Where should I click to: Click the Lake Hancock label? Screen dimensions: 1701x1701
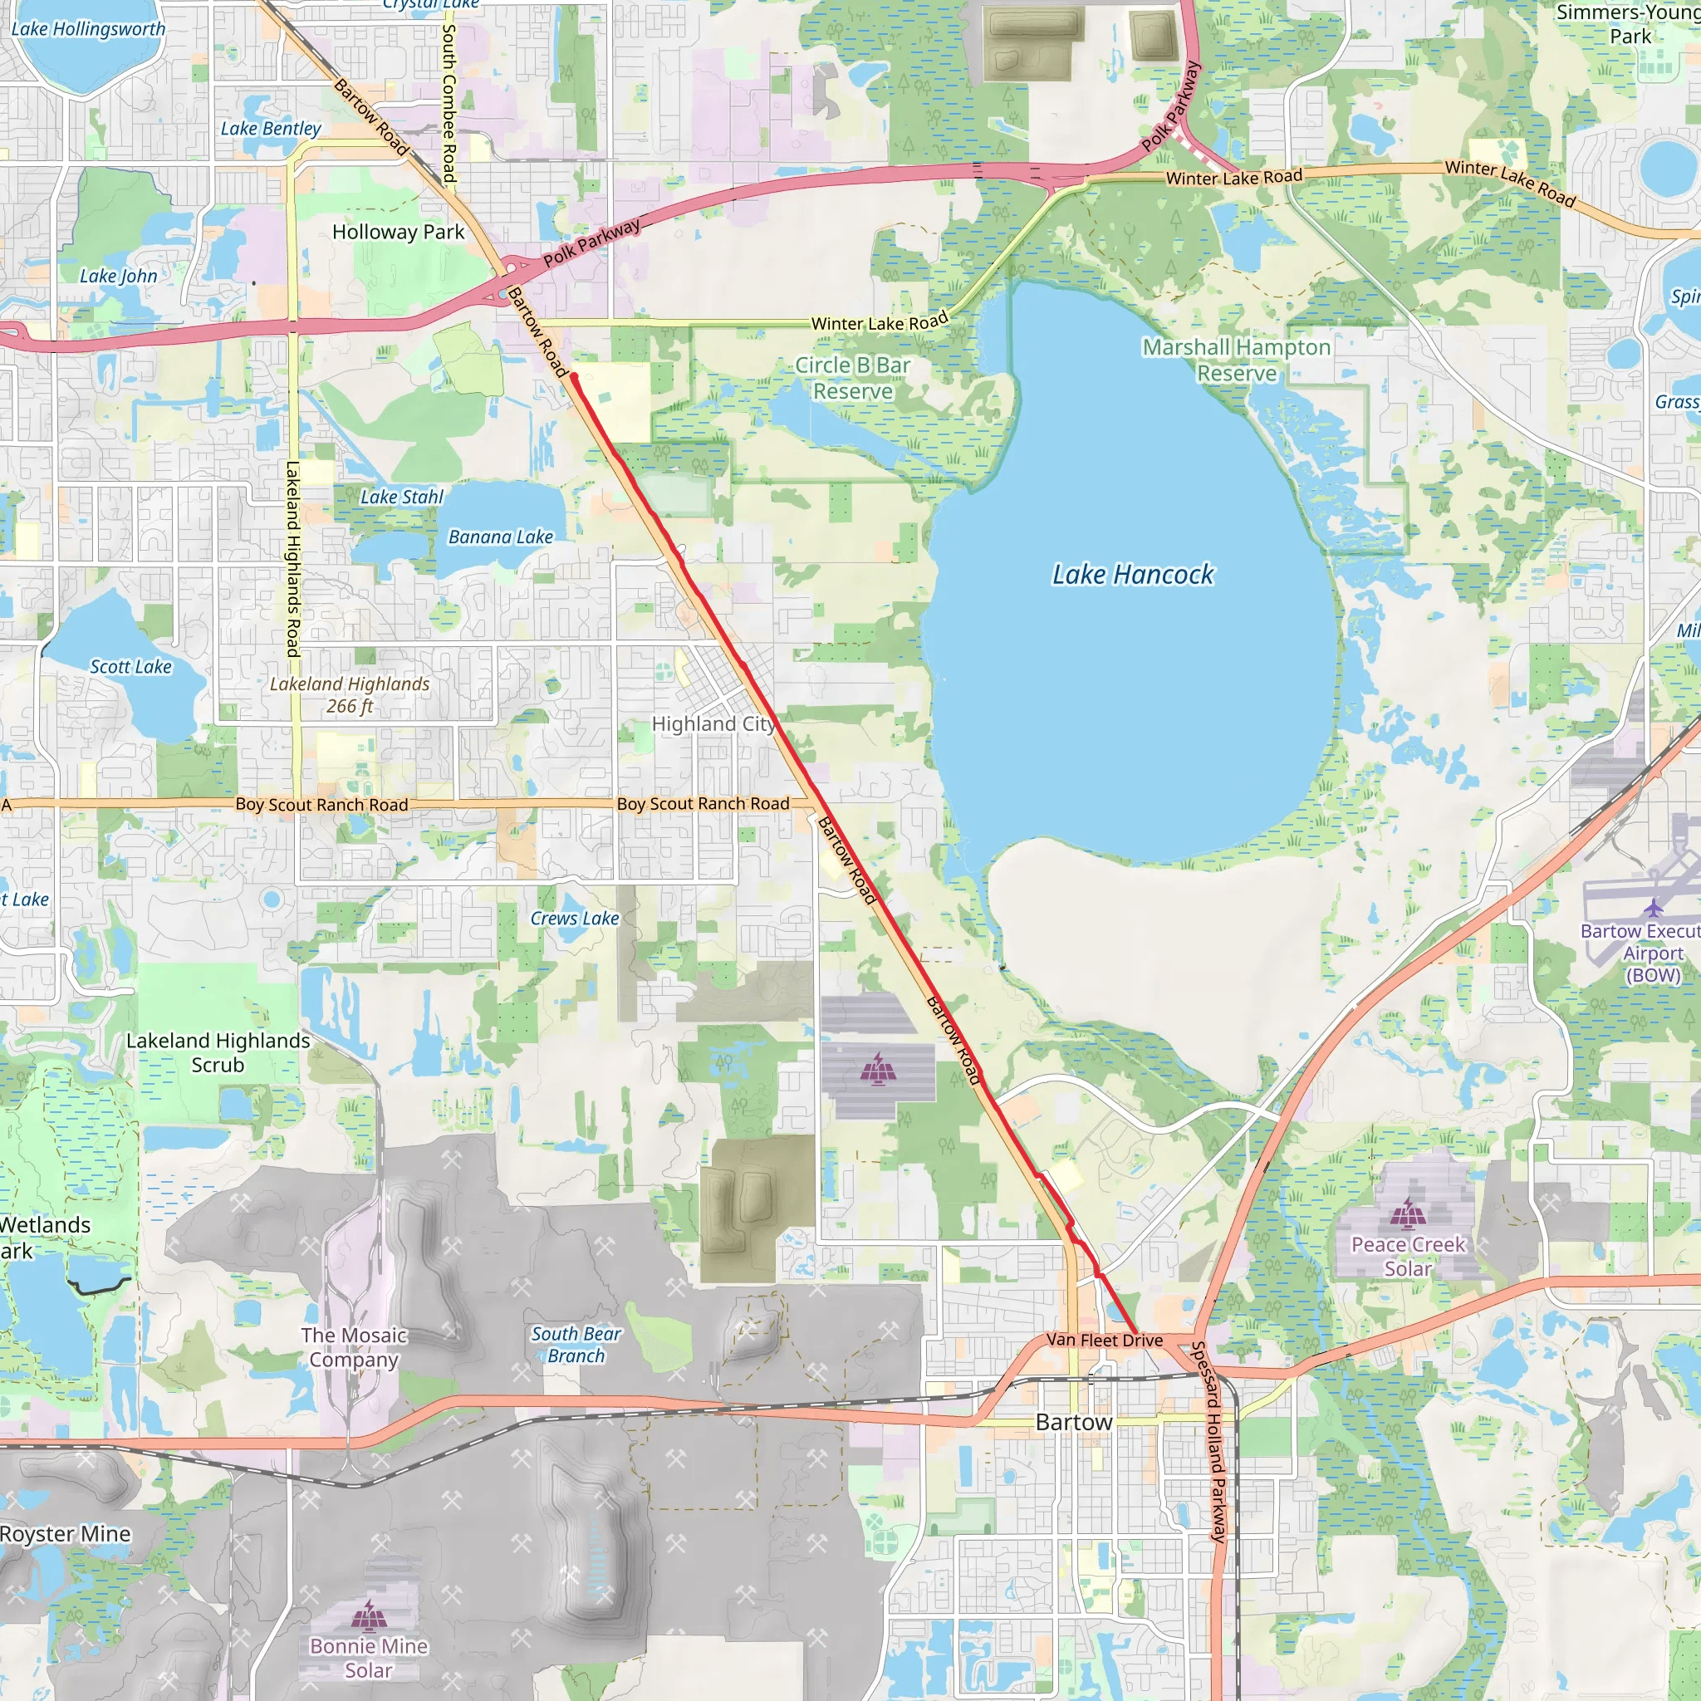[x=1132, y=575]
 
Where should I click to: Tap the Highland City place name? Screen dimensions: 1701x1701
[x=713, y=723]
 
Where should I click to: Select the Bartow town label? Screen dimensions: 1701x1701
[x=1073, y=1422]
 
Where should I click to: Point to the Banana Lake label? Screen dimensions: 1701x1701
[x=500, y=537]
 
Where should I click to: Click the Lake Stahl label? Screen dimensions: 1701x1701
[x=401, y=498]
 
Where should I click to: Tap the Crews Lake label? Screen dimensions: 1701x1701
[x=574, y=919]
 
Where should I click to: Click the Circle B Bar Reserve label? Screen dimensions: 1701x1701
[x=852, y=378]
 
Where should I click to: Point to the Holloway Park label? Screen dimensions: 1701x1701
[x=398, y=233]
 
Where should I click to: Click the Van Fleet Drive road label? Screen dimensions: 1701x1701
[x=1104, y=1340]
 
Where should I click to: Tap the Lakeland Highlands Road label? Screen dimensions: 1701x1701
[x=293, y=558]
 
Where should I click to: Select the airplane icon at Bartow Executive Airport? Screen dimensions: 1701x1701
[x=1654, y=908]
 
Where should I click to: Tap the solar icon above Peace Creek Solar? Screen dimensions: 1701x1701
[x=1407, y=1214]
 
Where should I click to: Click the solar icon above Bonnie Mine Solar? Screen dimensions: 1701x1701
[x=368, y=1615]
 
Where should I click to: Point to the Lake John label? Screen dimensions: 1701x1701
[x=118, y=277]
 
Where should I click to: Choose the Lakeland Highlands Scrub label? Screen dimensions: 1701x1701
[x=218, y=1053]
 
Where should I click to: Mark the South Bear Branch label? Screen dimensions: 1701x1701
[x=576, y=1345]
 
